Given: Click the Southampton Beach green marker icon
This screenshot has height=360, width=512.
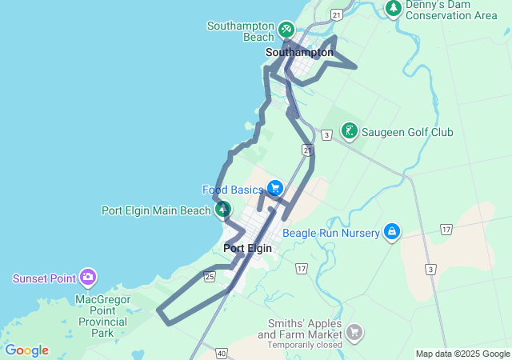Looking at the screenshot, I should [x=285, y=30].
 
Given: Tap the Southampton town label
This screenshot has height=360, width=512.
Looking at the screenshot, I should [x=299, y=53].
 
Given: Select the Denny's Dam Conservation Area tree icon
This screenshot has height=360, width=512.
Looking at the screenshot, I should [x=393, y=8].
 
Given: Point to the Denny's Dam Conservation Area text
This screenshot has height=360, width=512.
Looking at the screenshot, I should [x=451, y=10].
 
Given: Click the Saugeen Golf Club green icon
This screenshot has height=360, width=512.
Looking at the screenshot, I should [x=350, y=130].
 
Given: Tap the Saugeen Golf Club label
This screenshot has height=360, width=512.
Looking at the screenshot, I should [x=408, y=132].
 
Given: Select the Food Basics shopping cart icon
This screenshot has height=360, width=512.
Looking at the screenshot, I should [x=275, y=189].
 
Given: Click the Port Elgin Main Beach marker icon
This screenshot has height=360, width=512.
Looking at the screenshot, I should [x=223, y=210].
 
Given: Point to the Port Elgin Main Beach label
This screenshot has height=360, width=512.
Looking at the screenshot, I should [x=157, y=210].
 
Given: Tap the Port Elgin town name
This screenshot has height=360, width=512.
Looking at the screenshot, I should [x=247, y=248].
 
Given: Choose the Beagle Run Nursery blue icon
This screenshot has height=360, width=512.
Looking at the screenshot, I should [x=391, y=232].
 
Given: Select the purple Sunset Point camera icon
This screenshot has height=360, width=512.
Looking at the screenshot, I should [x=88, y=278].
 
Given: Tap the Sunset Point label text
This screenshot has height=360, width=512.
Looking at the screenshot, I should [x=44, y=278].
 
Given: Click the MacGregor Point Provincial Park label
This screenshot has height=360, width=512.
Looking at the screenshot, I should [x=102, y=316].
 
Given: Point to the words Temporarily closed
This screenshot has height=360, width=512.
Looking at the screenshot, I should [x=305, y=345].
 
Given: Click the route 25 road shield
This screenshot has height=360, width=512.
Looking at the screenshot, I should [x=210, y=277].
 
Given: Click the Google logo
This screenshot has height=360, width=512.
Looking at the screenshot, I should [x=26, y=350].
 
